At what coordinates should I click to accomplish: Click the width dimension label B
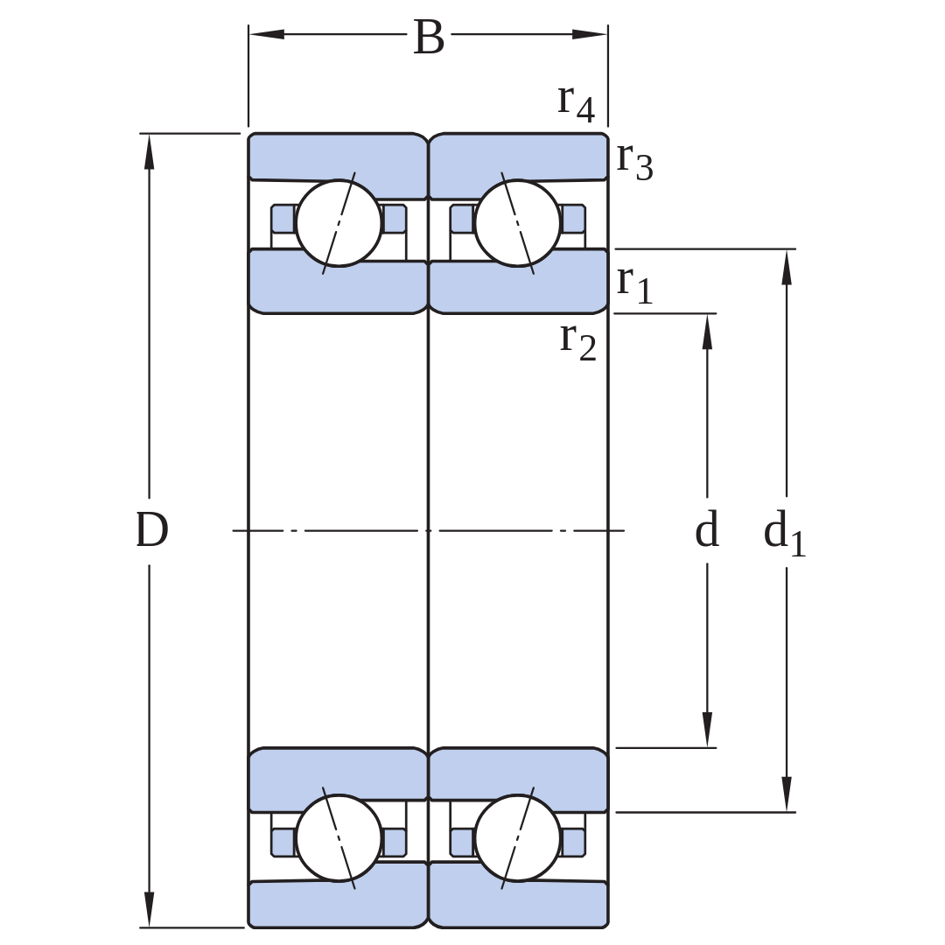coord(429,38)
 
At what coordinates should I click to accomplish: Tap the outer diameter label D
coord(151,530)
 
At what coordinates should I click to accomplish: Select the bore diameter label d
coord(707,529)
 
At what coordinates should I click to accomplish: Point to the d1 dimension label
coord(785,533)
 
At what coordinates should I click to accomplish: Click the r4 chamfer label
coord(576,102)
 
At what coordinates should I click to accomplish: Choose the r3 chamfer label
coord(634,162)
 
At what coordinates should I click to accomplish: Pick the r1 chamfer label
coord(634,283)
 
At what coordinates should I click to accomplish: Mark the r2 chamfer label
coord(578,341)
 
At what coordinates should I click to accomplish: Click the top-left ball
coord(339,223)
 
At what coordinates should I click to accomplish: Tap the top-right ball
coord(518,223)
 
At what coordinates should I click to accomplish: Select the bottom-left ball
coord(339,837)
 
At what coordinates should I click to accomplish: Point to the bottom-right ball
coord(518,837)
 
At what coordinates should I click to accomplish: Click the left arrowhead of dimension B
coord(266,34)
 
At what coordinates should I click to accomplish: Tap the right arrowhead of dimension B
coord(590,34)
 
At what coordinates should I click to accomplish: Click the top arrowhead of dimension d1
coord(786,266)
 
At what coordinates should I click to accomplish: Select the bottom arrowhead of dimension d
coord(707,730)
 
